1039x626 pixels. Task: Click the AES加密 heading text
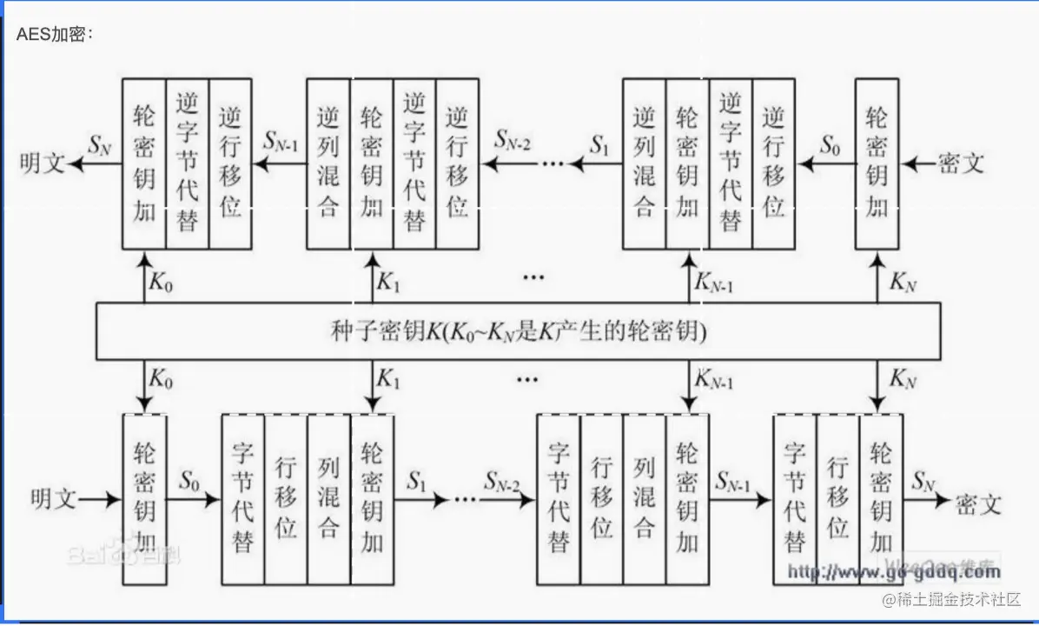pyautogui.click(x=54, y=35)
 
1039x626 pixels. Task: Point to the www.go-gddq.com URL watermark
pyautogui.click(x=894, y=572)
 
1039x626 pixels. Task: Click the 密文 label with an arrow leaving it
pyautogui.click(x=961, y=163)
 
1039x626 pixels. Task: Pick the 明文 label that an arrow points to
pyautogui.click(x=43, y=163)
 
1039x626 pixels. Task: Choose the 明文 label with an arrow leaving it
pyautogui.click(x=53, y=500)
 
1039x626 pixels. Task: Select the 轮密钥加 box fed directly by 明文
pyautogui.click(x=145, y=500)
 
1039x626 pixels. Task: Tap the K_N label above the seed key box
pyautogui.click(x=903, y=281)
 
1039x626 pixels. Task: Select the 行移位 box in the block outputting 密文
pyautogui.click(x=837, y=500)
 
